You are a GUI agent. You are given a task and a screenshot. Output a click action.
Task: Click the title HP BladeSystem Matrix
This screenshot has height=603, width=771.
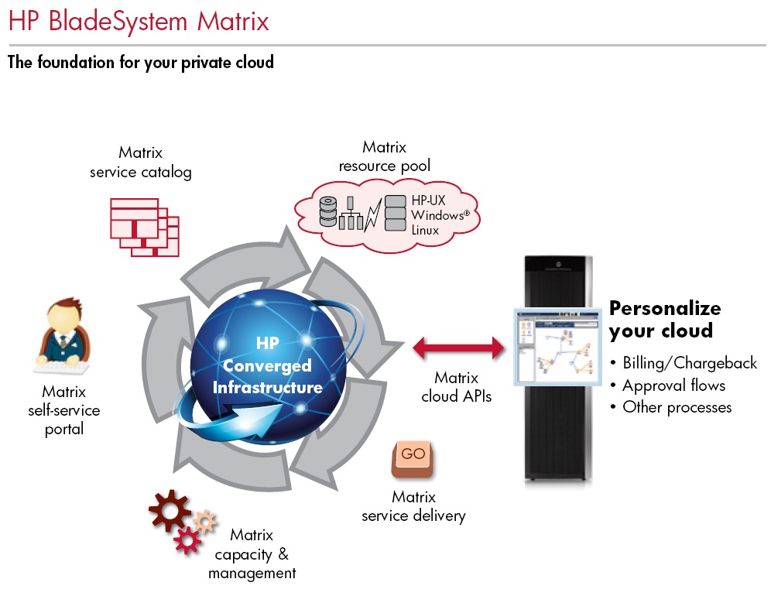139,21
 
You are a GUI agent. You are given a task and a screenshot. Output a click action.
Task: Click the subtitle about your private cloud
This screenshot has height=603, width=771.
141,62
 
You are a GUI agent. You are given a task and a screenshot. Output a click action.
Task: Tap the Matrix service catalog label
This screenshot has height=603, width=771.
140,163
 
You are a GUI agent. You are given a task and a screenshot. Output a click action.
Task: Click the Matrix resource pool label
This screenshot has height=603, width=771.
384,156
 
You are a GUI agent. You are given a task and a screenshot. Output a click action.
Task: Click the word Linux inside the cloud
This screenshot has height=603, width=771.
425,230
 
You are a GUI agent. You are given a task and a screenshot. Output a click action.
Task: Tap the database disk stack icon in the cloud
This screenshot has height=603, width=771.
328,211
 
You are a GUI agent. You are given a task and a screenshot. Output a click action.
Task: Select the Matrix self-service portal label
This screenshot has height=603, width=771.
64,410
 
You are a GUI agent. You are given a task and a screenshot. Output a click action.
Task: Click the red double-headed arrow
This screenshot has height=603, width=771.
458,348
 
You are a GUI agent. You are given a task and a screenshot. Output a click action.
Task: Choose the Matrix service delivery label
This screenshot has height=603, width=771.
413,506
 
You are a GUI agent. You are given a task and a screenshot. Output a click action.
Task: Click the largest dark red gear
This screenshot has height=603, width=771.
169,509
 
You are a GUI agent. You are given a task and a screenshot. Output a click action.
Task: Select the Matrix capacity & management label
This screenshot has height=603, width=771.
252,554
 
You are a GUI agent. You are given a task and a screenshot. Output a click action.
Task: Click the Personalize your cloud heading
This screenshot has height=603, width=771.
664,319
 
